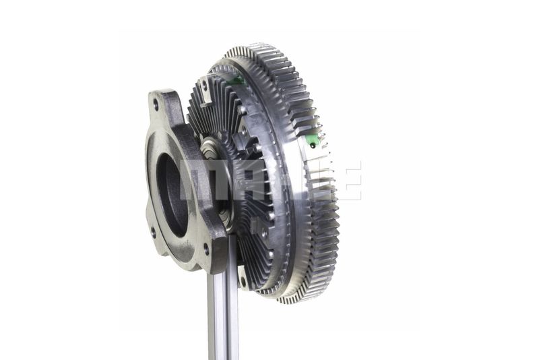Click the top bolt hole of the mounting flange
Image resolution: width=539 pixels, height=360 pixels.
(x=156, y=104)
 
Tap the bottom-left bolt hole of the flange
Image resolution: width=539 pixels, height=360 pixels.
(x=153, y=232)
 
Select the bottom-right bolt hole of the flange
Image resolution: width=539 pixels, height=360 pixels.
(x=206, y=249)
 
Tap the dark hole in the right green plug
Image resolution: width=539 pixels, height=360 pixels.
(x=312, y=146)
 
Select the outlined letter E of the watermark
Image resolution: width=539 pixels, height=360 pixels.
(x=350, y=180)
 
